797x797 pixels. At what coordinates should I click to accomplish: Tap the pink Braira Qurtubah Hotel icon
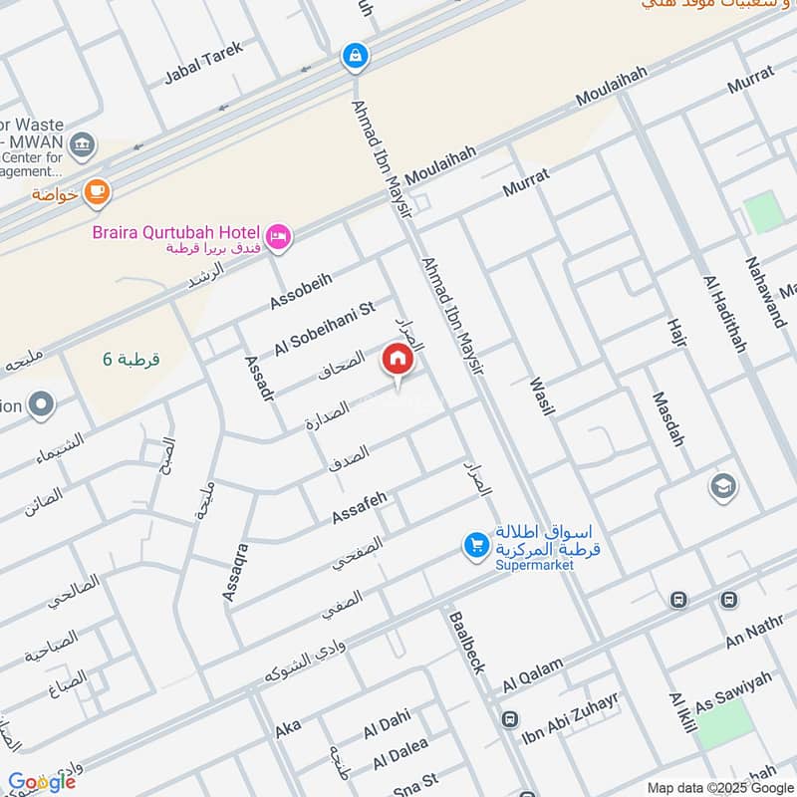pos(280,235)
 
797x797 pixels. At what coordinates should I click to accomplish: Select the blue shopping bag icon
pos(354,56)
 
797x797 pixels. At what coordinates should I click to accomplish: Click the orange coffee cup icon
pos(96,190)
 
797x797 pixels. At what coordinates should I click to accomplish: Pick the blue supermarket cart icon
pos(475,545)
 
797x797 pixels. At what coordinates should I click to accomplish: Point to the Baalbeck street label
pos(466,640)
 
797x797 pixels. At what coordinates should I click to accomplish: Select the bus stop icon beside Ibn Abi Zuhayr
pos(509,718)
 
